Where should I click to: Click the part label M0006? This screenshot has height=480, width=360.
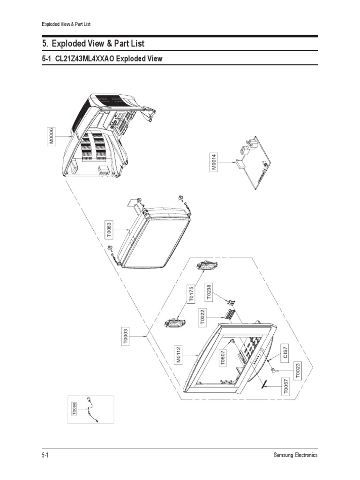tap(51, 136)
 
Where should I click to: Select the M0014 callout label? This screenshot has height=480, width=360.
tap(214, 162)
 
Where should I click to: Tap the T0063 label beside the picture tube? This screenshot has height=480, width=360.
tap(109, 230)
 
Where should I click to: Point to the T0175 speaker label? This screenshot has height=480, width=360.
tap(191, 294)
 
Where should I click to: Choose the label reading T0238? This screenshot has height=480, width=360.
tap(209, 292)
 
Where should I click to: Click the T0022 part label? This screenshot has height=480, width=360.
tap(202, 317)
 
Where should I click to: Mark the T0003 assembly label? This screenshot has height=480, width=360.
tap(125, 336)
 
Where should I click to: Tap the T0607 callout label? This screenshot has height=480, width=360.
tap(223, 358)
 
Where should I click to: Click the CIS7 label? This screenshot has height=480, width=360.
tap(285, 352)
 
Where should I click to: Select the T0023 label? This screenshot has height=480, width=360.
tap(298, 370)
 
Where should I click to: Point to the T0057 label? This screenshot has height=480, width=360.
tap(286, 386)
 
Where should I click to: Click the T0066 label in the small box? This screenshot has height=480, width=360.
tap(74, 409)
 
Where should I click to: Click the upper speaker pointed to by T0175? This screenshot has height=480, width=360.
tap(207, 266)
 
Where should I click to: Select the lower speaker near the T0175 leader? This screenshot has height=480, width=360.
tap(175, 322)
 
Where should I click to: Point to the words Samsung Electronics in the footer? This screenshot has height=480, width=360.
tap(295, 455)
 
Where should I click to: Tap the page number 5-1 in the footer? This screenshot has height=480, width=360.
tap(45, 455)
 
